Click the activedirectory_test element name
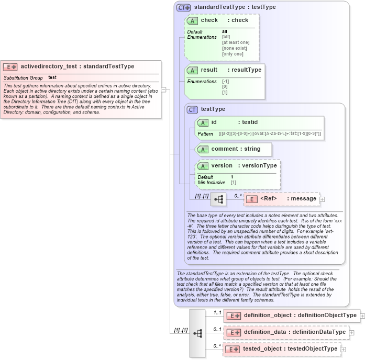click(49, 66)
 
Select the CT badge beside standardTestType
click(183, 7)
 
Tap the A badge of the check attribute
click(193, 20)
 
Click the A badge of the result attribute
click(193, 70)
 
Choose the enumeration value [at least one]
click(236, 42)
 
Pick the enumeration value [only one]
click(233, 54)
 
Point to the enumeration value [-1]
click(226, 82)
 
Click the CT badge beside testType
click(193, 109)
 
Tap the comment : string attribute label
click(236, 149)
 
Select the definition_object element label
click(268, 316)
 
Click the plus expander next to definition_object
click(362, 316)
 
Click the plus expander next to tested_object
click(344, 349)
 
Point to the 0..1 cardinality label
click(217, 329)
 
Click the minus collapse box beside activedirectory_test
click(164, 89)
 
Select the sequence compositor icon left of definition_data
click(197, 333)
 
